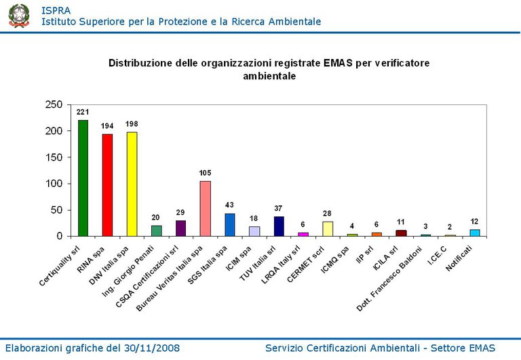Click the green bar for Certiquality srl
pyautogui.click(x=83, y=178)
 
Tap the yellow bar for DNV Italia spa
pyautogui.click(x=132, y=184)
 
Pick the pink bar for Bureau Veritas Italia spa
pyautogui.click(x=205, y=209)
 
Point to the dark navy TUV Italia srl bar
pyautogui.click(x=279, y=226)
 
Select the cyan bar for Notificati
pyautogui.click(x=475, y=233)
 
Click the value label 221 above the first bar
pyautogui.click(x=83, y=112)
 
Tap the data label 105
pyautogui.click(x=205, y=173)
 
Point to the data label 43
pyautogui.click(x=229, y=205)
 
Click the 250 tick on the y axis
pyautogui.click(x=54, y=104)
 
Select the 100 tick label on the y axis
pyautogui.click(x=54, y=184)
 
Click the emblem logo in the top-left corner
pyautogui.click(x=19, y=15)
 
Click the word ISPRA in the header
pyautogui.click(x=56, y=10)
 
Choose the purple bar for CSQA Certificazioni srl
pyautogui.click(x=180, y=228)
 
